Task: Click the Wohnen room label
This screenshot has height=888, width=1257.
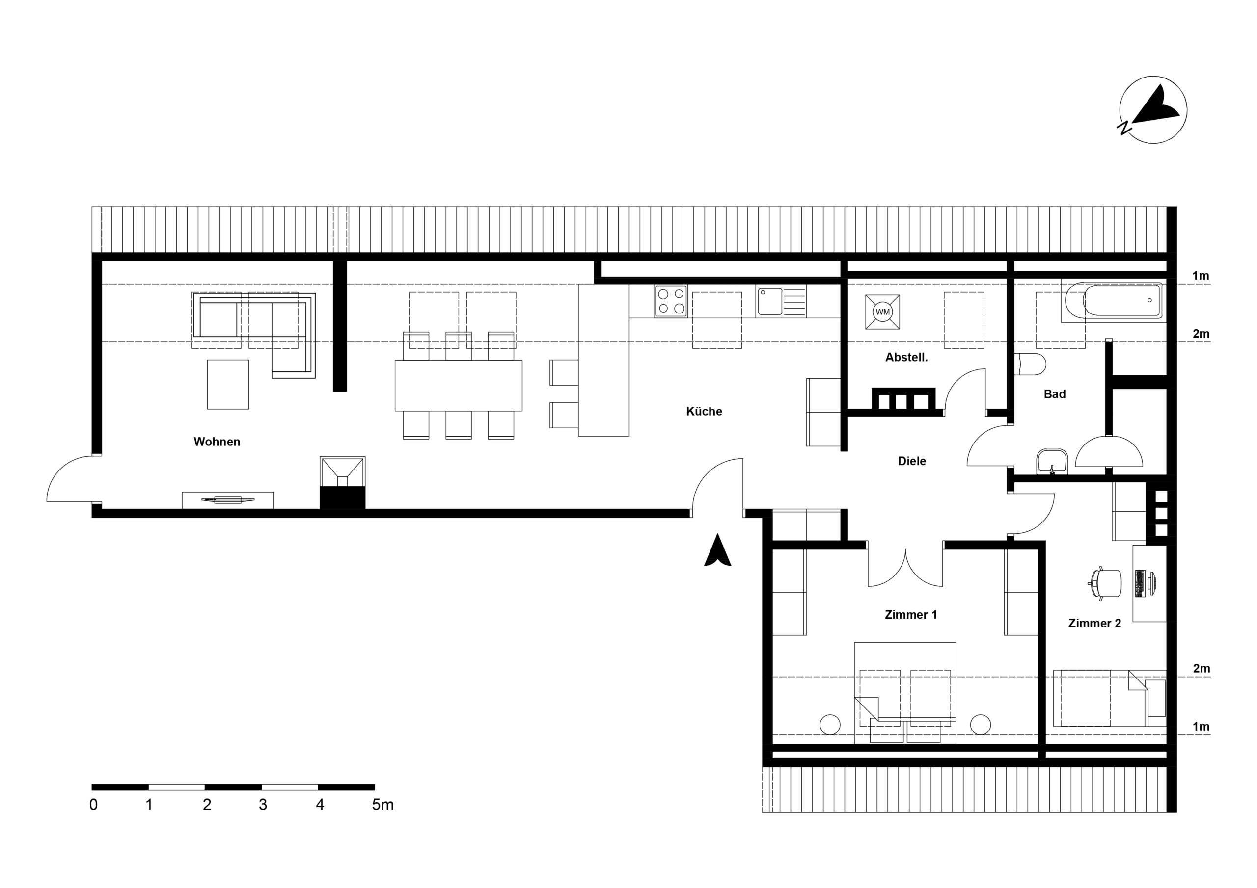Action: click(217, 442)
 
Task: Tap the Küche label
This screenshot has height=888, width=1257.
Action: click(704, 411)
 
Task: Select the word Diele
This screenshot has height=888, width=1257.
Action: click(911, 461)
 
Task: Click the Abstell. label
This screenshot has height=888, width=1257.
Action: click(906, 357)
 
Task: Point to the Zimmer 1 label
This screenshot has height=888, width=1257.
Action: click(910, 614)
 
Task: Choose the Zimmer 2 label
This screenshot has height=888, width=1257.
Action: click(1094, 623)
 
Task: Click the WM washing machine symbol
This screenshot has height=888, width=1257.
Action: click(882, 312)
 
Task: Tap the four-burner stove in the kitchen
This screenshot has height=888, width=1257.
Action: click(671, 301)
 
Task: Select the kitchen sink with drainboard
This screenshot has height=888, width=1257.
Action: click(781, 301)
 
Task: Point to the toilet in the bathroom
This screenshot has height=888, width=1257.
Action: click(1030, 364)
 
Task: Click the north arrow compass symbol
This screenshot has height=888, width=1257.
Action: click(1152, 110)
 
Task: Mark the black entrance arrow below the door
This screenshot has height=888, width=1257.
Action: click(717, 551)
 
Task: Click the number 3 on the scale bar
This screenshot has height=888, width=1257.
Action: click(263, 805)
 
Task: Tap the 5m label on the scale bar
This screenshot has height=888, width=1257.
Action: click(382, 805)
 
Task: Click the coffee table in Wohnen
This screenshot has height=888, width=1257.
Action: click(228, 384)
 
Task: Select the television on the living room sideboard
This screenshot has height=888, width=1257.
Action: click(228, 499)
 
